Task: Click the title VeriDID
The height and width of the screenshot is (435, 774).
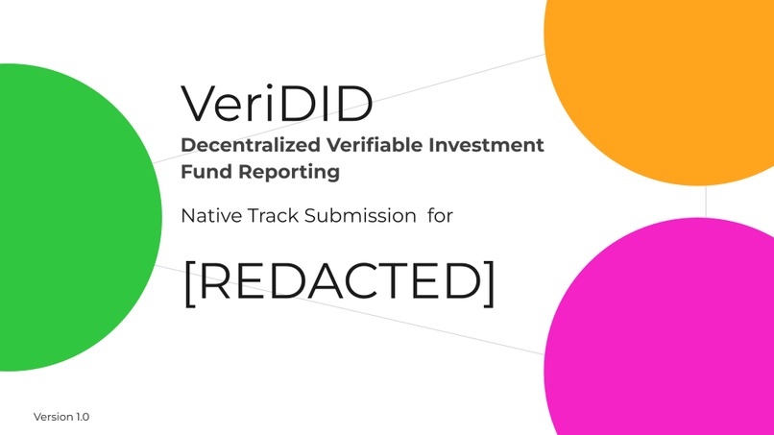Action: coord(277,103)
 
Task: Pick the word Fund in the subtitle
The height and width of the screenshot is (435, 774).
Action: coord(203,173)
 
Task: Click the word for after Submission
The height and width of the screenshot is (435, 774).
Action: coord(440,216)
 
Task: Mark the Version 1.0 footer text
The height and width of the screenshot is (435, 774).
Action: coord(60,417)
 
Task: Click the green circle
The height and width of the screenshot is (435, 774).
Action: coord(67,216)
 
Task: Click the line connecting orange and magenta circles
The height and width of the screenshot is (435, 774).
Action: coord(707,201)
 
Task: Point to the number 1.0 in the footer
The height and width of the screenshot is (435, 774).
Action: coord(81,417)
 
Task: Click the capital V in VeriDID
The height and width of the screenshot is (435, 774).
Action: coord(200,103)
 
